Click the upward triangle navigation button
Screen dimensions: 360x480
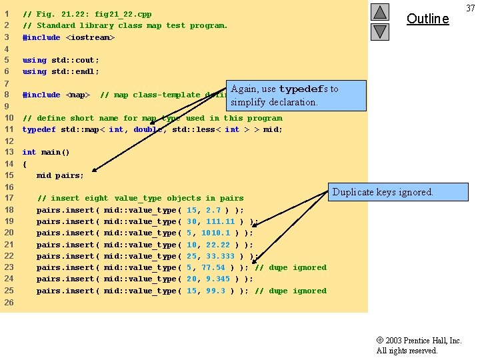pos(379,12)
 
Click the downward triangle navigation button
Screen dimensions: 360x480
pos(379,31)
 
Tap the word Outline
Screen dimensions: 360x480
pos(427,19)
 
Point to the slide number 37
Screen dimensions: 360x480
pos(471,7)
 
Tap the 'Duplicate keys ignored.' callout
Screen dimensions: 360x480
pos(382,192)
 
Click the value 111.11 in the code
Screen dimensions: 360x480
pos(220,221)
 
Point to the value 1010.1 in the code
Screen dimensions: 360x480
pos(215,233)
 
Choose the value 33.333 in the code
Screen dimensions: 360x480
pos(220,256)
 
